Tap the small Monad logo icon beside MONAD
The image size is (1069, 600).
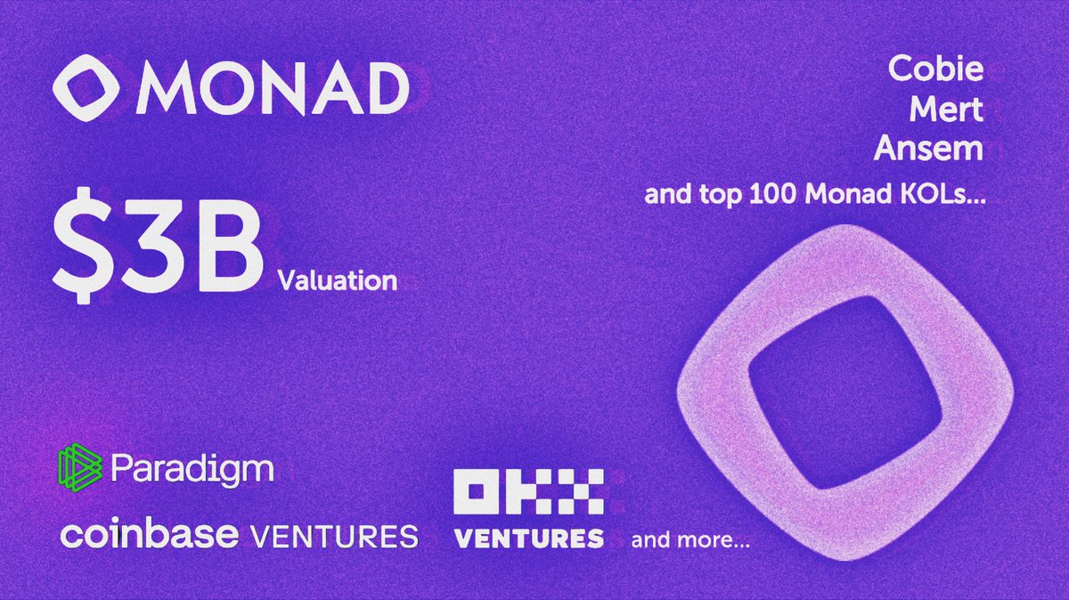click(88, 90)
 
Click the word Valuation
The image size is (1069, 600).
click(337, 281)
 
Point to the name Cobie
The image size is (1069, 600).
click(936, 69)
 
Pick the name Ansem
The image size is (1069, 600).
click(928, 149)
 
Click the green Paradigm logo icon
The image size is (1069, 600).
click(81, 468)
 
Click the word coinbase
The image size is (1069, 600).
click(149, 536)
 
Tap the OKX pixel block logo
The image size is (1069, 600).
click(528, 492)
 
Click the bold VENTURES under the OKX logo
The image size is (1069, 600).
click(528, 538)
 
